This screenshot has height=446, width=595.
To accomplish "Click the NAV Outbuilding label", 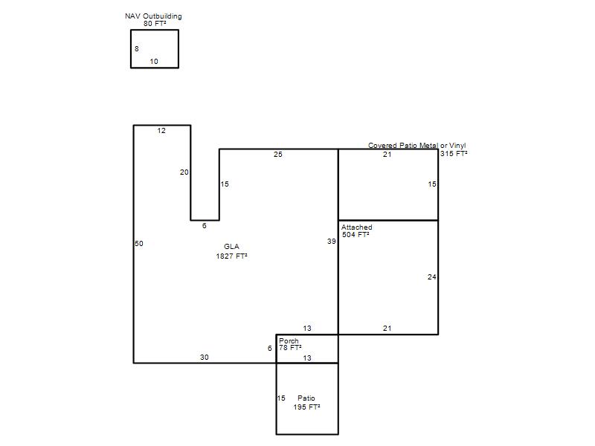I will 153,16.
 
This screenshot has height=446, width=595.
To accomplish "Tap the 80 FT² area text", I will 155,23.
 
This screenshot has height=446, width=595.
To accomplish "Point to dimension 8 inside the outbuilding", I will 137,49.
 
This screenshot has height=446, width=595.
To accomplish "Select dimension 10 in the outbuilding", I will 154,62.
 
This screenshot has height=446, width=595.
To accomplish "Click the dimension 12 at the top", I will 161,131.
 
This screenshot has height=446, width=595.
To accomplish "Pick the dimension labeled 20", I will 184,172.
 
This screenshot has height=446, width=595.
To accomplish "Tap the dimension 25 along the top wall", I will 277,155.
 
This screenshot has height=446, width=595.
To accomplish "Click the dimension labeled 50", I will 139,244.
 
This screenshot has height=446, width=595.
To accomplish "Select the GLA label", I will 231,246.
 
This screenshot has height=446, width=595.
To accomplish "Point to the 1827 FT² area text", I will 231,256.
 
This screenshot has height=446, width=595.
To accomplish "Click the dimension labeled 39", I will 332,241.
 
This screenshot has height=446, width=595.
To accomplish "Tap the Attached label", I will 357,227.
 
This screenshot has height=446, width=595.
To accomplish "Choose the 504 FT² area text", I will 356,235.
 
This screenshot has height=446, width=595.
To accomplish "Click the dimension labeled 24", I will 431,277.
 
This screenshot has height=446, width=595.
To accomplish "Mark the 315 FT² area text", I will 454,154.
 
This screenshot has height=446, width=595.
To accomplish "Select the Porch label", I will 289,341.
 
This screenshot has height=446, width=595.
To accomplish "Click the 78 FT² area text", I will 290,348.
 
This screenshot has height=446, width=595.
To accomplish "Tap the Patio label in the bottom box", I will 306,398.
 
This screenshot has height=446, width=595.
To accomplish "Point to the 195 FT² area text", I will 306,407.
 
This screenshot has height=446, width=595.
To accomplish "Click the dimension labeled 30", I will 205,358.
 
